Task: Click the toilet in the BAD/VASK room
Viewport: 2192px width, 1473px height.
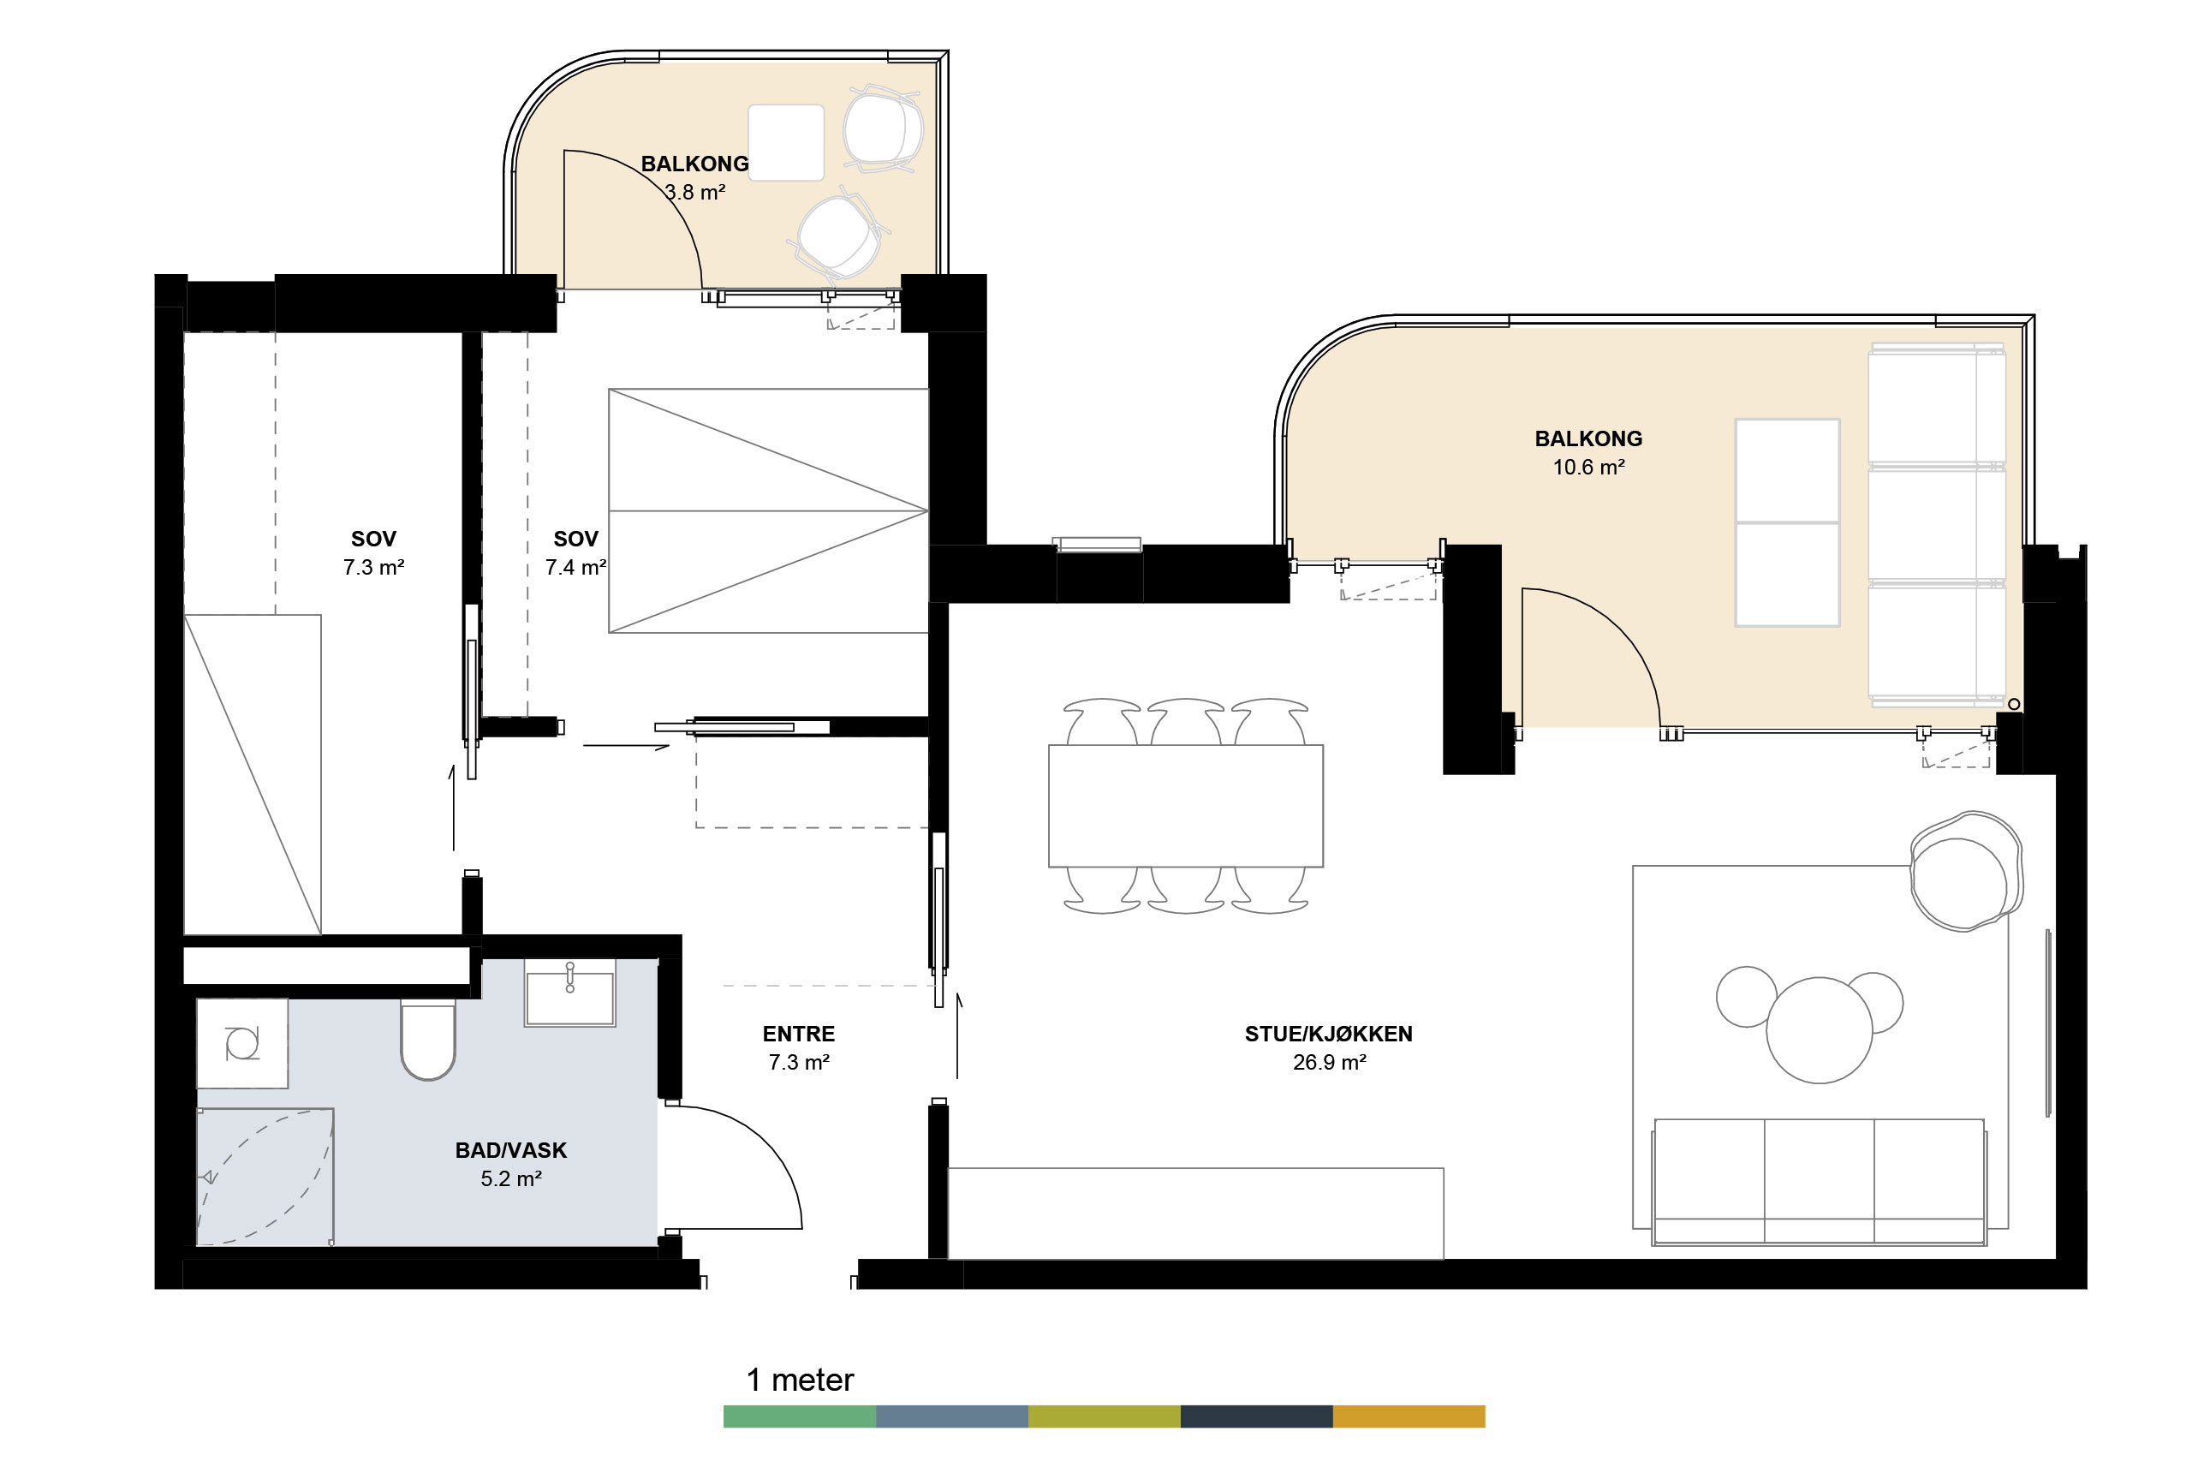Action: click(428, 1039)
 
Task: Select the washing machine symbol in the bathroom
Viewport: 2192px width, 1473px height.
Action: click(242, 1044)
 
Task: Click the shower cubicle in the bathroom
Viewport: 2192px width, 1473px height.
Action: click(265, 1177)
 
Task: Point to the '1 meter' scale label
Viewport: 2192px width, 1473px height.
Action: click(800, 1380)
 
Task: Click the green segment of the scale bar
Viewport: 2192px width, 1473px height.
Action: click(799, 1416)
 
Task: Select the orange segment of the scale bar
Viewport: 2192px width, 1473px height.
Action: click(1409, 1416)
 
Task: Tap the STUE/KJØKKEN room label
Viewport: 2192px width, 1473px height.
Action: click(1328, 1035)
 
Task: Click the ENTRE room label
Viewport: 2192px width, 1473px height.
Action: click(798, 1035)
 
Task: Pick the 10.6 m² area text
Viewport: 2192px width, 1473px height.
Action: click(1588, 467)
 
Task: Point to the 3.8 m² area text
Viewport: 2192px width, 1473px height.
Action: click(695, 193)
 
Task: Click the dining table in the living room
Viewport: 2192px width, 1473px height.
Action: click(1185, 806)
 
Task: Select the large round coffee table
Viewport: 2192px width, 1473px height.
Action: click(1820, 1030)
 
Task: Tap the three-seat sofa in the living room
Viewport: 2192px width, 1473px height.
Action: click(1818, 1182)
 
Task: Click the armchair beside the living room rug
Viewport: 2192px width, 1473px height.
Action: click(1966, 872)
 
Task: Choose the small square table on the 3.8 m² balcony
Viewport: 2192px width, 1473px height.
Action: click(786, 143)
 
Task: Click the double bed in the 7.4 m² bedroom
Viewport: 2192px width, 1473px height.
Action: click(768, 511)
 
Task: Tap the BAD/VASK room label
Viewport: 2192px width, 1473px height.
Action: click(511, 1151)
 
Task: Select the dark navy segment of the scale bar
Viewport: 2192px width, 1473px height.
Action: click(1257, 1416)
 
